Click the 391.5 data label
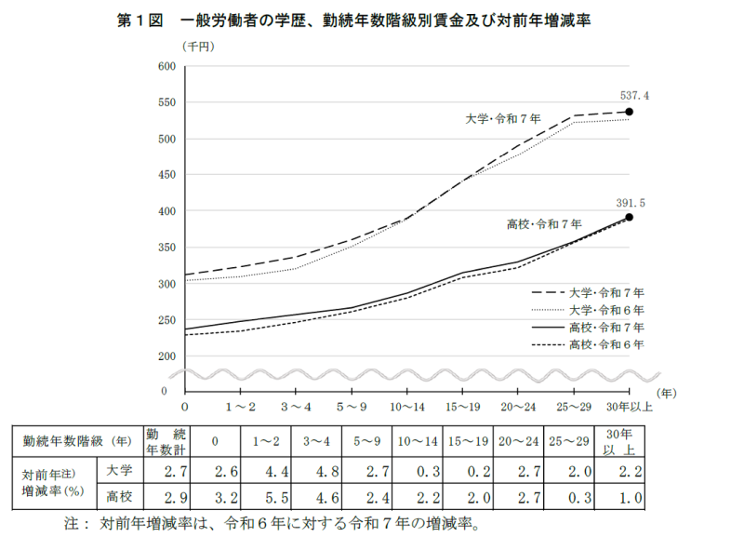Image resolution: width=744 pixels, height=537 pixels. (x=631, y=201)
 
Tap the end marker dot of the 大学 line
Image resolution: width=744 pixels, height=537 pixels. (x=630, y=112)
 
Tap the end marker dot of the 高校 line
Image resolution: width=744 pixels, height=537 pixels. (x=630, y=217)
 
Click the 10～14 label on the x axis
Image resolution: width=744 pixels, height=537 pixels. (x=407, y=408)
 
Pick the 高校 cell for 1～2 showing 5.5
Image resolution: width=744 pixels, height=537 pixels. (x=259, y=497)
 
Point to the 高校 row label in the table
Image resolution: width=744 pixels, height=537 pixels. (x=118, y=497)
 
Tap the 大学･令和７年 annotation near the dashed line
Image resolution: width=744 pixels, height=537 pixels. (x=503, y=119)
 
